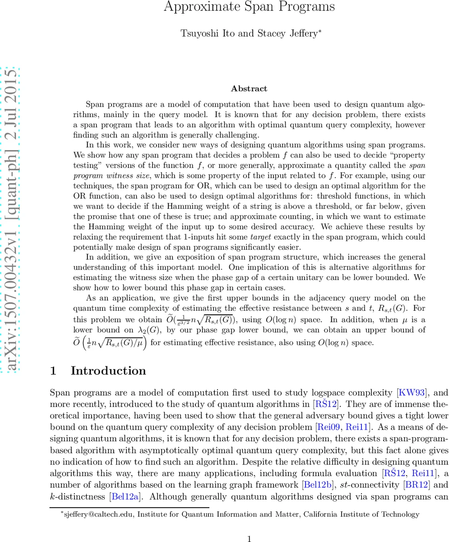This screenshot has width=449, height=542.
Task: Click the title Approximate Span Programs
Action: [249, 7]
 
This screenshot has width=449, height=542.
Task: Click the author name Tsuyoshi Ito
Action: [201, 33]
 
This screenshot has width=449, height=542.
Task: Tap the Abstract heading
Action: [249, 89]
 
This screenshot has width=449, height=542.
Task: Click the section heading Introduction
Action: [108, 371]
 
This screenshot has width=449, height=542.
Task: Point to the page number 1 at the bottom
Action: [249, 538]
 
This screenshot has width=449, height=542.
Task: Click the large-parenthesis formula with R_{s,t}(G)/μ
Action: [110, 342]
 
